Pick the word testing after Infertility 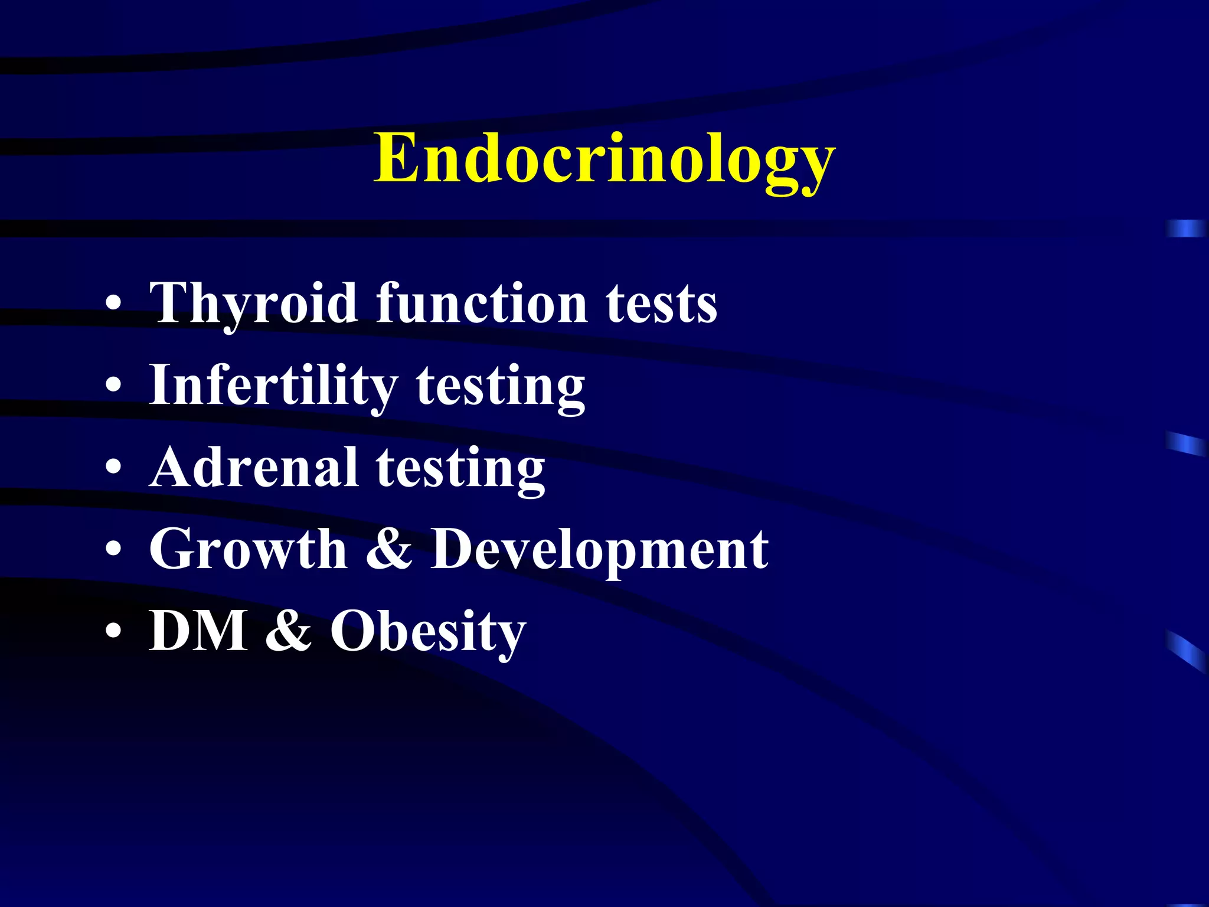501,386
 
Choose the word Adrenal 254,468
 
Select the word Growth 249,549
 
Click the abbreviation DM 198,631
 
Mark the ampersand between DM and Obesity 289,631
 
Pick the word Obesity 427,631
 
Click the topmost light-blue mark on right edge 1187,229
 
